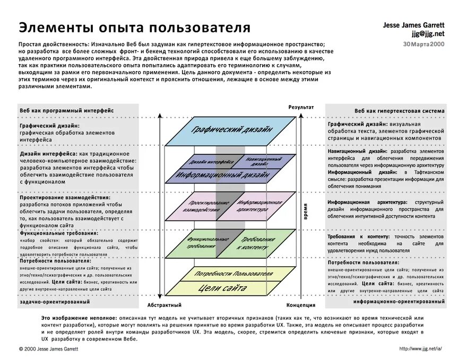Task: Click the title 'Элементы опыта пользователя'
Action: (135, 27)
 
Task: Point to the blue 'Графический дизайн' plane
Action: (232, 129)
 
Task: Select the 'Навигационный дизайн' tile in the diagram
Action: (263, 161)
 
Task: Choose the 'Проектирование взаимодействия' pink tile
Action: (202, 207)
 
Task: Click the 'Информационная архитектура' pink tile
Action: (260, 207)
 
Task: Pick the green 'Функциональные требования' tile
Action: (201, 243)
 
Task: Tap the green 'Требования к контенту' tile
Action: (257, 243)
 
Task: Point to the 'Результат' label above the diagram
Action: (301, 107)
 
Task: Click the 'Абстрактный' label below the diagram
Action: (164, 305)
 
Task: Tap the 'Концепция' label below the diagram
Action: (301, 305)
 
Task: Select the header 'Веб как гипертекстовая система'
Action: (400, 111)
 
